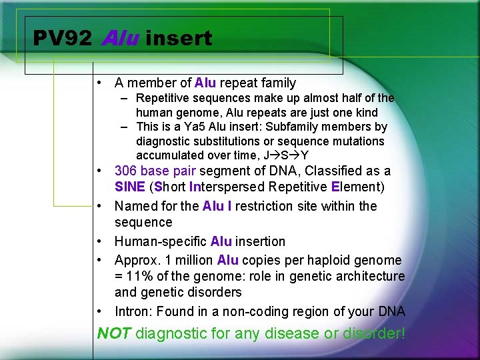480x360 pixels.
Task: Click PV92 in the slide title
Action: (x=62, y=39)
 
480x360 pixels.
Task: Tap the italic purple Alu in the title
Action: (x=120, y=39)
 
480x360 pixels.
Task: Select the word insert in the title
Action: (x=178, y=39)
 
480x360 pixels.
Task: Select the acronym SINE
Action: (x=130, y=187)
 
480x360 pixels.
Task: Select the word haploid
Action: (x=327, y=260)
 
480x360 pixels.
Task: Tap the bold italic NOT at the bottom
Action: (x=114, y=333)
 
